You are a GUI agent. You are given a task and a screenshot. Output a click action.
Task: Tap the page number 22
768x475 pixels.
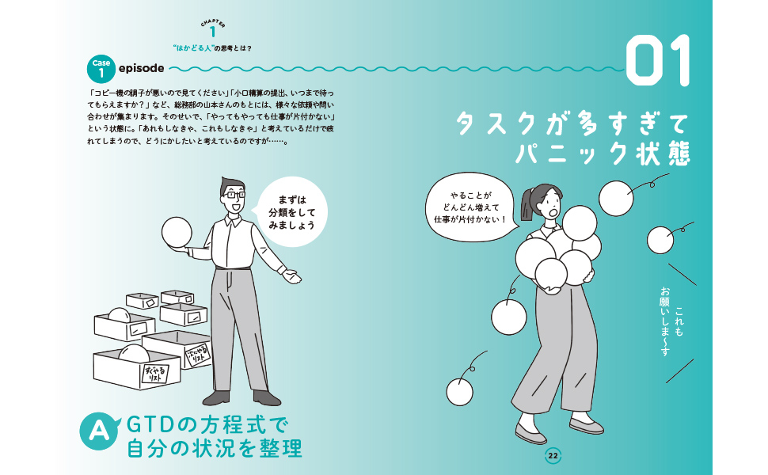click(x=553, y=456)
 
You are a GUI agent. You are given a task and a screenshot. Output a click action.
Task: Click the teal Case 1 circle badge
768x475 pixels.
click(x=101, y=69)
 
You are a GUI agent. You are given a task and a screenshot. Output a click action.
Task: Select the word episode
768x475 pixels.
click(x=142, y=68)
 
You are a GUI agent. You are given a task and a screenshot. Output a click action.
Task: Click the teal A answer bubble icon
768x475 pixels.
click(x=100, y=431)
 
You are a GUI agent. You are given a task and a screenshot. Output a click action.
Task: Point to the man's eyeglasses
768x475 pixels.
click(x=233, y=195)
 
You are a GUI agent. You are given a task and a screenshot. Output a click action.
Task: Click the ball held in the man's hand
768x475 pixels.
click(x=177, y=232)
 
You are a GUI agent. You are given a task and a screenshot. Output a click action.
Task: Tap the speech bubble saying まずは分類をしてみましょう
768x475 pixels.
click(x=291, y=212)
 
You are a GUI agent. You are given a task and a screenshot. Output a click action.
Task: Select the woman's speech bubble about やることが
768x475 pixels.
click(x=472, y=207)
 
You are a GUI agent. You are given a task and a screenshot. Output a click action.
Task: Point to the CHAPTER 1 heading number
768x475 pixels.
click(x=212, y=32)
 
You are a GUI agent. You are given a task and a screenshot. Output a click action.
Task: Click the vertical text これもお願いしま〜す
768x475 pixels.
click(x=671, y=321)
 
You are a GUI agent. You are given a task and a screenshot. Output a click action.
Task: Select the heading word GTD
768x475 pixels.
click(x=150, y=425)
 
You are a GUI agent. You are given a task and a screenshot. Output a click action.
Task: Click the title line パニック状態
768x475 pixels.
click(x=603, y=154)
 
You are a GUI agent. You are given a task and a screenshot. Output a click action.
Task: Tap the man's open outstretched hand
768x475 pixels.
click(x=292, y=276)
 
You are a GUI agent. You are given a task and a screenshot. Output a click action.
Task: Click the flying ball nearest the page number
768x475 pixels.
click(x=459, y=392)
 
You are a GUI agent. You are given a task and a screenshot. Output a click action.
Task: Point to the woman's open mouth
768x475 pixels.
click(x=552, y=213)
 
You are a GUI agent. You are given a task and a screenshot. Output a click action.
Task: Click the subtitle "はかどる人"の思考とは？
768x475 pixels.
click(x=212, y=48)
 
